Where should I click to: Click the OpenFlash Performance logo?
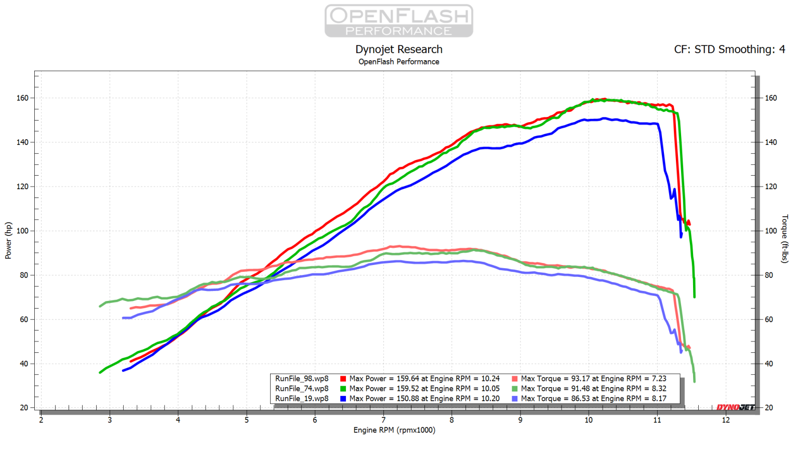(398, 21)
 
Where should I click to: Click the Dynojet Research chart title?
(398, 49)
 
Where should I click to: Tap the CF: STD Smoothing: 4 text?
(729, 49)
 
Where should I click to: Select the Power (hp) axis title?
(8, 240)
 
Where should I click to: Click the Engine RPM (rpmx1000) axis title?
(394, 430)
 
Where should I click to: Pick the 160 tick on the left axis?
(22, 98)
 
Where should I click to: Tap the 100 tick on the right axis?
(770, 231)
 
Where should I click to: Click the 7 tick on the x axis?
(383, 420)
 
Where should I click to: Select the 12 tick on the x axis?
(725, 420)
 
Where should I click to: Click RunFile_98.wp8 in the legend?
(302, 379)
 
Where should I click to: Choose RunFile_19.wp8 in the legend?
(302, 399)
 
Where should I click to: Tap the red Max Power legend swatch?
(343, 379)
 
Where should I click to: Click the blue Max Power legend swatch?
(343, 399)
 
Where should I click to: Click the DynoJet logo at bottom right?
(735, 407)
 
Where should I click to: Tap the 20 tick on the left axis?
(24, 407)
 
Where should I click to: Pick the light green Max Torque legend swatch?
(514, 389)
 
